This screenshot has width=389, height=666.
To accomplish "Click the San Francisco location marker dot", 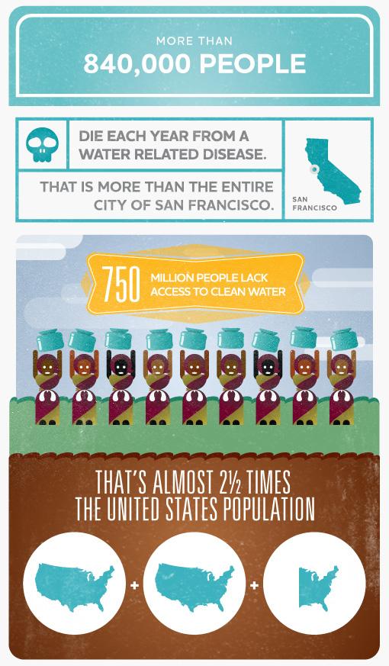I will click(313, 168).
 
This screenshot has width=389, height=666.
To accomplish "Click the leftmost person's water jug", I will click(47, 338).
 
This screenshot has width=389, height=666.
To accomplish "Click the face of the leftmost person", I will click(47, 366).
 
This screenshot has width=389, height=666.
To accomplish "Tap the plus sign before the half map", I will click(255, 585).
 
